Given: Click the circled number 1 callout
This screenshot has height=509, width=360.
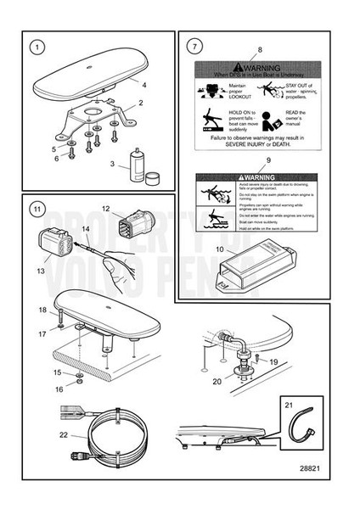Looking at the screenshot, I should [35, 47].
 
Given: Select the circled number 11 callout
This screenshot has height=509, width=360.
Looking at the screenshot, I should [35, 208].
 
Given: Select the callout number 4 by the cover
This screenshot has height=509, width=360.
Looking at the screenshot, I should [144, 86].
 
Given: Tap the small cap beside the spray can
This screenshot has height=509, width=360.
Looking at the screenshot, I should [153, 176].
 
